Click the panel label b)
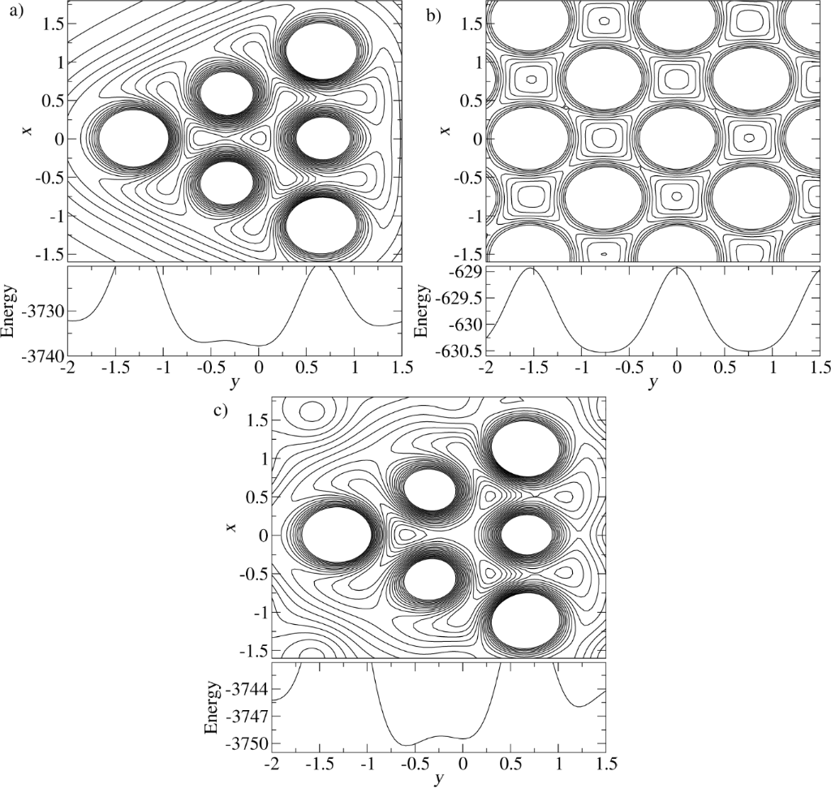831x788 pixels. (x=433, y=15)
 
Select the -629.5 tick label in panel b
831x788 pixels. (x=457, y=298)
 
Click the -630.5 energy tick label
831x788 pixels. (x=457, y=350)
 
